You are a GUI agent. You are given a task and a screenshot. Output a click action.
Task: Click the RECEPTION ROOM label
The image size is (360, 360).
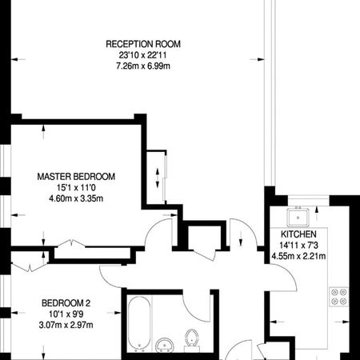click(143, 43)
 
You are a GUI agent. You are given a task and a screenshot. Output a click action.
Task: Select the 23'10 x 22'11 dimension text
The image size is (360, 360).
click(143, 54)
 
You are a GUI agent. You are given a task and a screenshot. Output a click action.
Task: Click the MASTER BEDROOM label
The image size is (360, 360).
click(77, 177)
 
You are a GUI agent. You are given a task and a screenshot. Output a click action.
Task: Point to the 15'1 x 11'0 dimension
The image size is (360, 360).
click(77, 187)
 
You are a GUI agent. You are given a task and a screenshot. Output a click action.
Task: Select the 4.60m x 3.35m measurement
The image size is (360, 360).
click(77, 198)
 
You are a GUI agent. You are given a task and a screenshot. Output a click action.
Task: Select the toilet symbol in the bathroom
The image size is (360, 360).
click(192, 341)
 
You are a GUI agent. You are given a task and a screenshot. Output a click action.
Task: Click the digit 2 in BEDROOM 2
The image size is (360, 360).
click(90, 303)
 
